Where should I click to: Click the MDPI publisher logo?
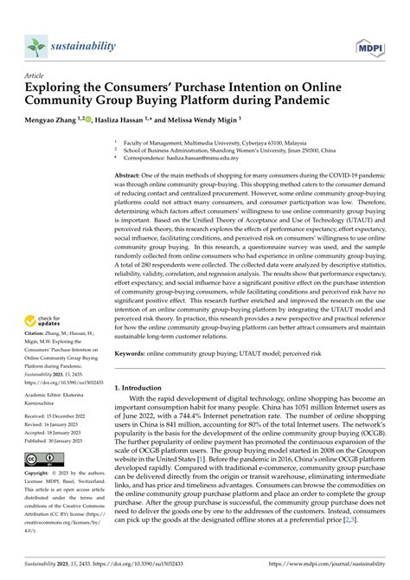(x=374, y=46)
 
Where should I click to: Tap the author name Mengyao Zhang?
(x=54, y=120)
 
